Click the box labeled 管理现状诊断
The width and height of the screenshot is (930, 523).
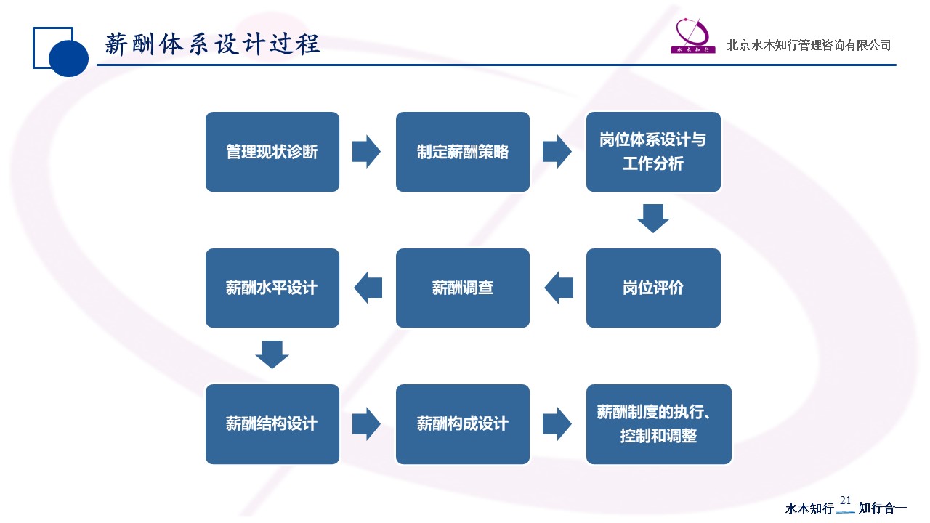point(272,152)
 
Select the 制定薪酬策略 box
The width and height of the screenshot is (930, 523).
point(463,152)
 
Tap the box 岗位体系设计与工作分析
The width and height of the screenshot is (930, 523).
point(653,152)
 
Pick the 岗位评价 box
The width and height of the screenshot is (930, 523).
point(653,288)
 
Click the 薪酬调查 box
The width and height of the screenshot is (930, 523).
point(463,288)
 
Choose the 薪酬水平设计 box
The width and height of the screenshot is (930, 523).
point(272,288)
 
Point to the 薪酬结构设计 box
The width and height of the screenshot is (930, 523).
point(272,424)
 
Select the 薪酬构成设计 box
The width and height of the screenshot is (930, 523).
point(463,424)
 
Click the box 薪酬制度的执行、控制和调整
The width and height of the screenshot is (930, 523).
point(658,424)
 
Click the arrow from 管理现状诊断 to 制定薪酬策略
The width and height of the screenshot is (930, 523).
point(366,152)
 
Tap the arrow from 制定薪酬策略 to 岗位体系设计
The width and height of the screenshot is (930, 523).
point(557,152)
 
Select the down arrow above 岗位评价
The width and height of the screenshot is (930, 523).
point(652,219)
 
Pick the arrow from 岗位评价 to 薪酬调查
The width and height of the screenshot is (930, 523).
point(558,288)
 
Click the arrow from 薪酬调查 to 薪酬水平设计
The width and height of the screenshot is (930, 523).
point(368,288)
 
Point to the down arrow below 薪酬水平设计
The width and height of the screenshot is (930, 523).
point(272,354)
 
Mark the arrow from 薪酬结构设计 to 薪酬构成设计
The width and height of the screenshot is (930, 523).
point(366,424)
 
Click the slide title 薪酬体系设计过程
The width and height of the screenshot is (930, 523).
point(212,44)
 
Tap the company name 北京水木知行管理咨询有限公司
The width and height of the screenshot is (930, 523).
point(808,45)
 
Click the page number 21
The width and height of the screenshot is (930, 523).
point(846,500)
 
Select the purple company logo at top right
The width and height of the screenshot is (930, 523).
point(692,36)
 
